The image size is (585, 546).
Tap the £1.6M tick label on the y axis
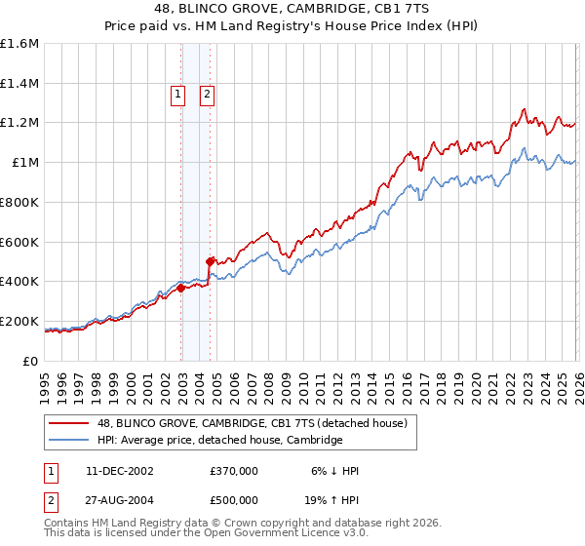[x=19, y=44]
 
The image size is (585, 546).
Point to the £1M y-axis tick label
[x=24, y=163]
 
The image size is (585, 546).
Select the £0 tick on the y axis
[x=31, y=361]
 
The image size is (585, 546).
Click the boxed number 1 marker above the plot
[x=178, y=95]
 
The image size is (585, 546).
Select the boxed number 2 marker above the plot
[x=209, y=95]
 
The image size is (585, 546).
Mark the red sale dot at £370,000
[x=180, y=288]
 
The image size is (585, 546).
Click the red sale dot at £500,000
[x=210, y=261]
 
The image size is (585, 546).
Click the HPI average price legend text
[x=219, y=441]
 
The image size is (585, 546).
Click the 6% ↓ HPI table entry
[x=336, y=471]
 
